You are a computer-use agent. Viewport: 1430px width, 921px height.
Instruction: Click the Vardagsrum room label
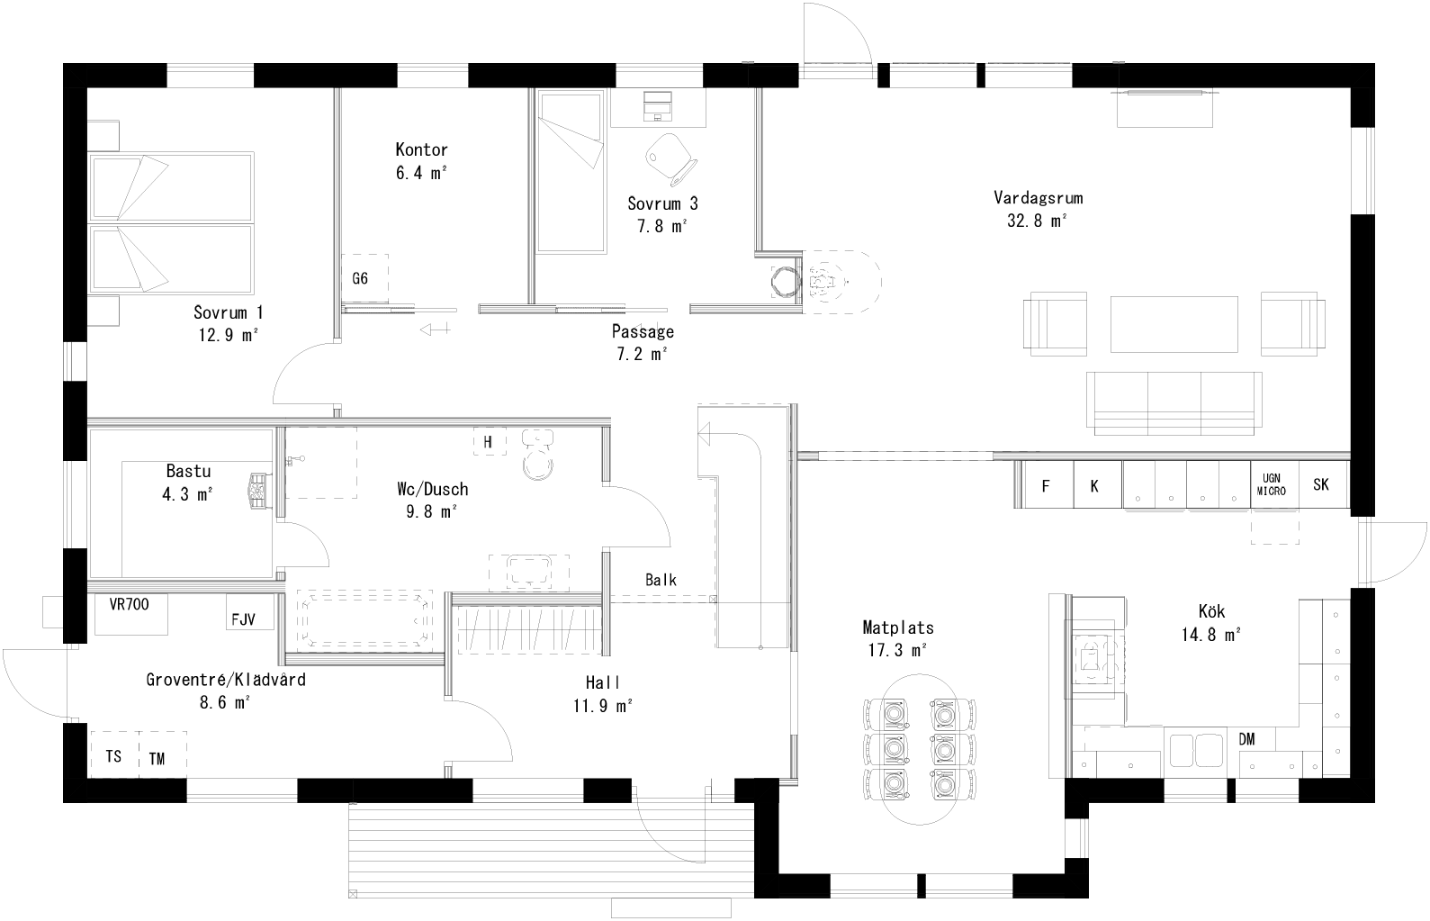pyautogui.click(x=1037, y=197)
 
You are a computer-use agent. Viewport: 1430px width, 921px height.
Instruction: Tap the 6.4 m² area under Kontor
pyautogui.click(x=421, y=174)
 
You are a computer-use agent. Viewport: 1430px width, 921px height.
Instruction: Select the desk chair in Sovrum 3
pyautogui.click(x=670, y=154)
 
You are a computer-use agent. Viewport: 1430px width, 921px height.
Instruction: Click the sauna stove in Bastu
pyautogui.click(x=259, y=492)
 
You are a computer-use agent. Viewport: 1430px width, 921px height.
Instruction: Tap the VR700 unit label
pyautogui.click(x=129, y=605)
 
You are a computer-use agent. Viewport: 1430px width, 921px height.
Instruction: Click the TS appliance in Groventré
pyautogui.click(x=113, y=756)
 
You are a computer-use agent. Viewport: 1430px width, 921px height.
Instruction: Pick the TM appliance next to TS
pyautogui.click(x=158, y=758)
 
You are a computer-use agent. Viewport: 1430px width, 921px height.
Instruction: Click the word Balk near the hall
pyautogui.click(x=661, y=581)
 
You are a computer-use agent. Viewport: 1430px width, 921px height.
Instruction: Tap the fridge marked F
pyautogui.click(x=1046, y=486)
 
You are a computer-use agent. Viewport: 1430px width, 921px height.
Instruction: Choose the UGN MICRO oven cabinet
pyautogui.click(x=1273, y=485)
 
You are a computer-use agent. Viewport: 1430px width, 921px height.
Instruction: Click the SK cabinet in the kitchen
pyautogui.click(x=1321, y=485)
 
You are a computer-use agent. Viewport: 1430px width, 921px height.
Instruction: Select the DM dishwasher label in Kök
pyautogui.click(x=1247, y=739)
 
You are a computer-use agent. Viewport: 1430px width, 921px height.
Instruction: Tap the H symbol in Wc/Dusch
pyautogui.click(x=488, y=442)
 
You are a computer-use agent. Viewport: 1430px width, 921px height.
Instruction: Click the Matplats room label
pyautogui.click(x=897, y=628)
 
